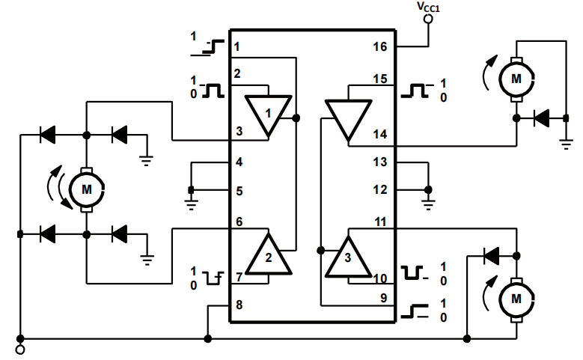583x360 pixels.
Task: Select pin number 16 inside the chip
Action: tap(380, 47)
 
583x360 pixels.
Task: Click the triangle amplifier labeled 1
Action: tap(269, 113)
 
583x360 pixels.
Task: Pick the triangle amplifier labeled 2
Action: tap(269, 257)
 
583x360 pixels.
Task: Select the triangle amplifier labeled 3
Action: tap(347, 257)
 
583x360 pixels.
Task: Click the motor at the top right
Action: tap(514, 76)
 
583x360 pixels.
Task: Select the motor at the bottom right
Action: tap(515, 298)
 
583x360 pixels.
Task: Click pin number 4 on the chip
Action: tap(237, 162)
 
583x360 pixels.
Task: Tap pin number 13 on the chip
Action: tap(380, 162)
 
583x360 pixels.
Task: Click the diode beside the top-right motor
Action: tap(540, 118)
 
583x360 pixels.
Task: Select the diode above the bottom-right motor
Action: tap(492, 256)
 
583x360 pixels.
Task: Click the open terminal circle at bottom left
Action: tap(19, 349)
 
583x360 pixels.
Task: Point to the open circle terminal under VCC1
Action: tap(428, 20)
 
